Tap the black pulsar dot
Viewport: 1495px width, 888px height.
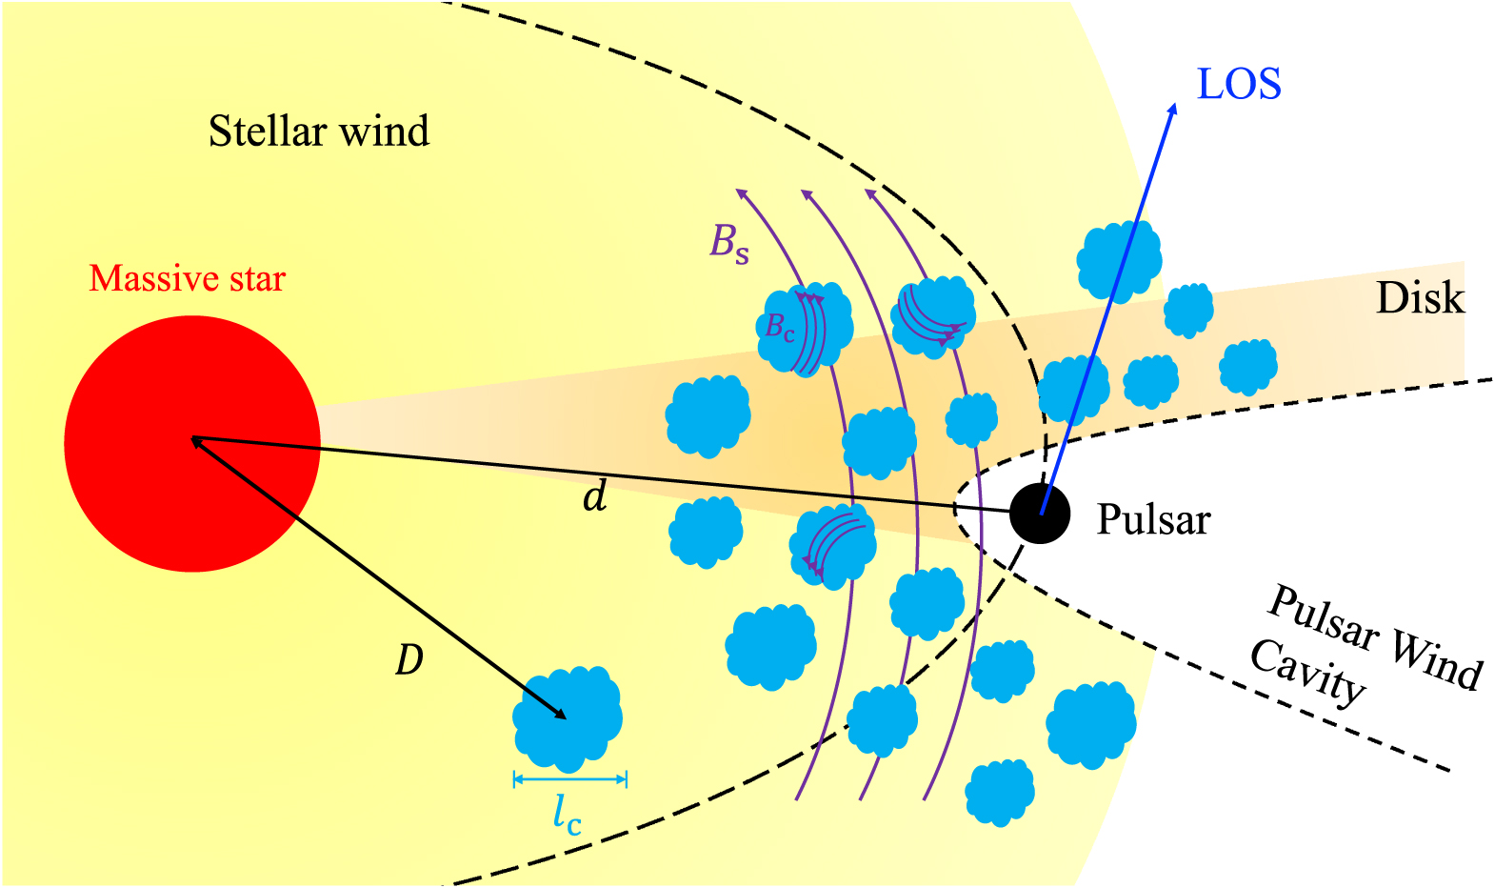(1039, 513)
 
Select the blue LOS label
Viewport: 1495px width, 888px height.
(1238, 85)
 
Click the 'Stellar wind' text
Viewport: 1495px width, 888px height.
(318, 131)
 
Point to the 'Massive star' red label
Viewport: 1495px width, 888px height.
(187, 279)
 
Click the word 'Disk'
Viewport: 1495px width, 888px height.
(1419, 299)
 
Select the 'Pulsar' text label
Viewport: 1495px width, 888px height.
(1153, 520)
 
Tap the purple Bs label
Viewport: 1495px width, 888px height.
(728, 243)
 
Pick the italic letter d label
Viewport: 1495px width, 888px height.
(595, 496)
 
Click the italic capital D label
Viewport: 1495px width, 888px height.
(409, 659)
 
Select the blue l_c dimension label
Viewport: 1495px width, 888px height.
(567, 815)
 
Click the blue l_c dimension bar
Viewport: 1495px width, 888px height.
(569, 779)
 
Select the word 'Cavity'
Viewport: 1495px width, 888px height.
(1307, 673)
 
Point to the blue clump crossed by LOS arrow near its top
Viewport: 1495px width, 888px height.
(1119, 259)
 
